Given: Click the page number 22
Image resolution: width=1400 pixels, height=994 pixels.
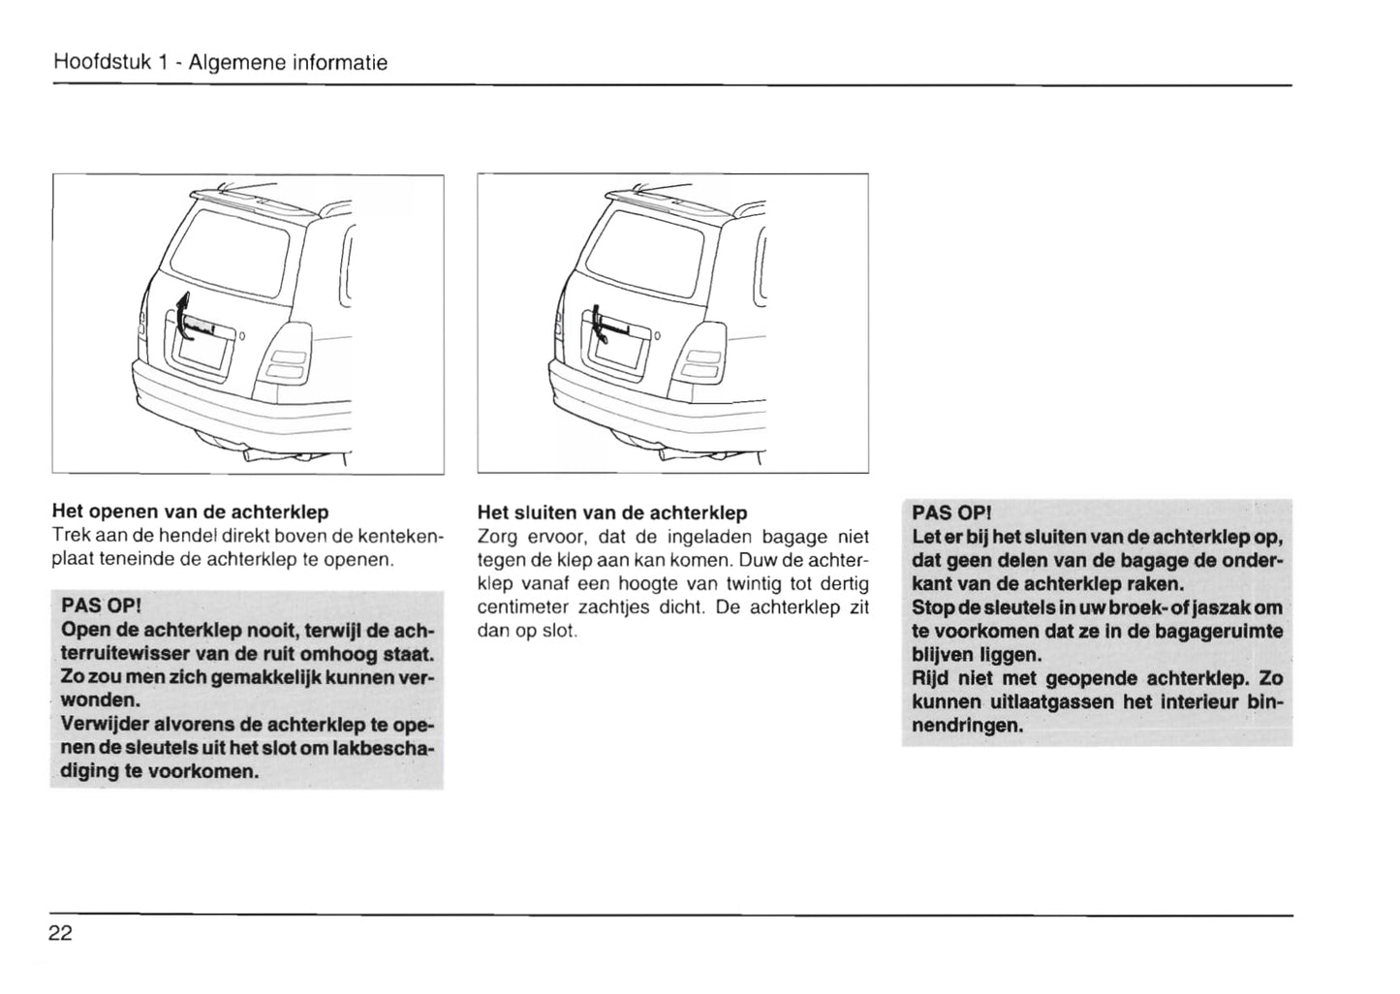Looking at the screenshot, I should tap(60, 934).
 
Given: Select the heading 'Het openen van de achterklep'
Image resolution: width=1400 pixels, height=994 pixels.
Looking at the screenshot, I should tap(190, 512).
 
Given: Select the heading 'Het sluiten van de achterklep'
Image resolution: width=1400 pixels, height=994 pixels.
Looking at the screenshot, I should tap(612, 513).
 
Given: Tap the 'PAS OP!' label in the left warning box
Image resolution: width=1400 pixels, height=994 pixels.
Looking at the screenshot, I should tap(101, 606).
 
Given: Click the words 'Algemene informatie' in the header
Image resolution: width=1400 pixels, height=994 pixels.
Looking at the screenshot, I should tap(289, 63).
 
